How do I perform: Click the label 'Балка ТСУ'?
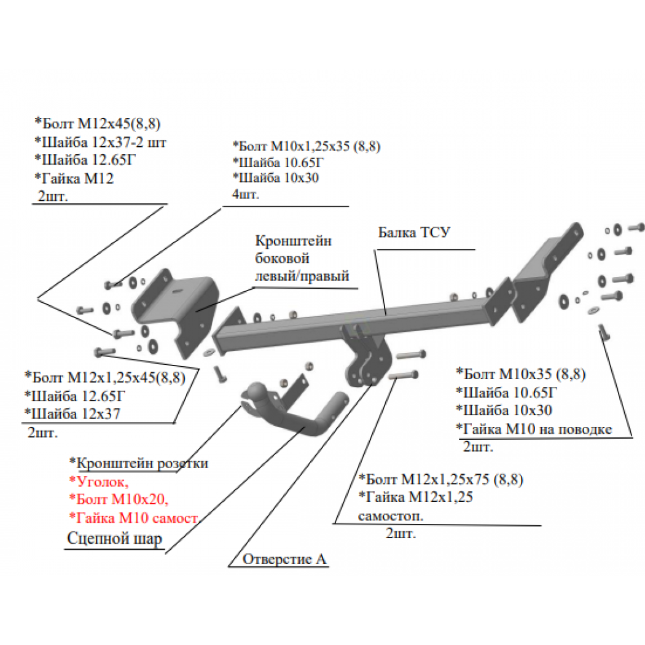coord(414,232)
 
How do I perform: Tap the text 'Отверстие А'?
coord(284,558)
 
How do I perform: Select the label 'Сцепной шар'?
coord(114,538)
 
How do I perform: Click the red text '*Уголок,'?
coord(99,481)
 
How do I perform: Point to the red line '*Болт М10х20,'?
coord(119,499)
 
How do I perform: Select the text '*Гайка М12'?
coord(74,178)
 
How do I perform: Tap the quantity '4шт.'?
coord(246,193)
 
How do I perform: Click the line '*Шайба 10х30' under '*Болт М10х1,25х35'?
coord(276,178)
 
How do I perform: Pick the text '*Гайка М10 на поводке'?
coord(534,429)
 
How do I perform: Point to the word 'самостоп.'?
coord(390,516)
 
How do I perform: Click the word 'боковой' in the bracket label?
coord(282,259)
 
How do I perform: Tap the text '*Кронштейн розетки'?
coord(139,463)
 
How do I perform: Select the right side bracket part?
coord(548,272)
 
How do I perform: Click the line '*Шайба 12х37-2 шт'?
coord(100,143)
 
